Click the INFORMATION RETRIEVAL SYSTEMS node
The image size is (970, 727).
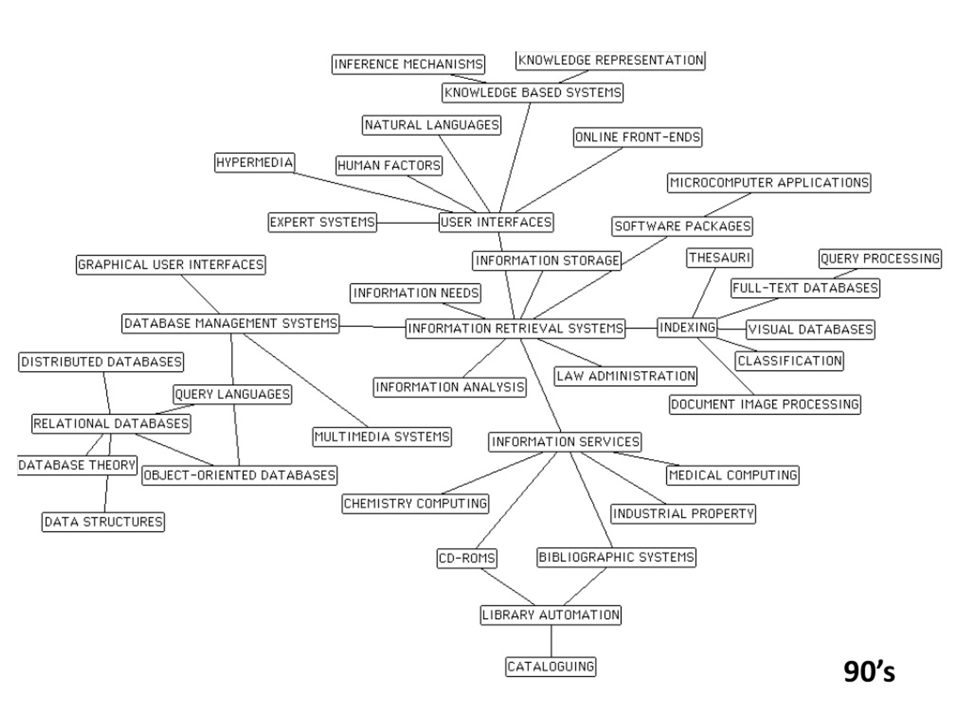click(515, 328)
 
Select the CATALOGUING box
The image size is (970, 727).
click(551, 666)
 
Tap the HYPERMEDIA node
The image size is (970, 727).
click(254, 162)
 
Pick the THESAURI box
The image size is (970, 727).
click(719, 258)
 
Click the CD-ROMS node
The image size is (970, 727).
click(466, 558)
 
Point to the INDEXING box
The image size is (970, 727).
click(687, 328)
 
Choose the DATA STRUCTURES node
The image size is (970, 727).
click(103, 522)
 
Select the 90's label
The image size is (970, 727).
click(869, 671)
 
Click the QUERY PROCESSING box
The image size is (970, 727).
click(880, 259)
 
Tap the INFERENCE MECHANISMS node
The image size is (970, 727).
click(408, 64)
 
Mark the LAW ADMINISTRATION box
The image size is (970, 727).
click(625, 376)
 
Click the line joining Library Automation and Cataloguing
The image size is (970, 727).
click(551, 641)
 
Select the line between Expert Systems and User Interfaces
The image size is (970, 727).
click(408, 223)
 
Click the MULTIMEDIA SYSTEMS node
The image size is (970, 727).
click(382, 437)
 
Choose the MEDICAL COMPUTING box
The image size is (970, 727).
click(733, 476)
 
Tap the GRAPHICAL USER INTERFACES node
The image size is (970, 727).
click(171, 265)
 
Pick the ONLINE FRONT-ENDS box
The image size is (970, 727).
click(637, 137)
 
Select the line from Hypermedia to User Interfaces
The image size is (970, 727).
click(373, 192)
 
